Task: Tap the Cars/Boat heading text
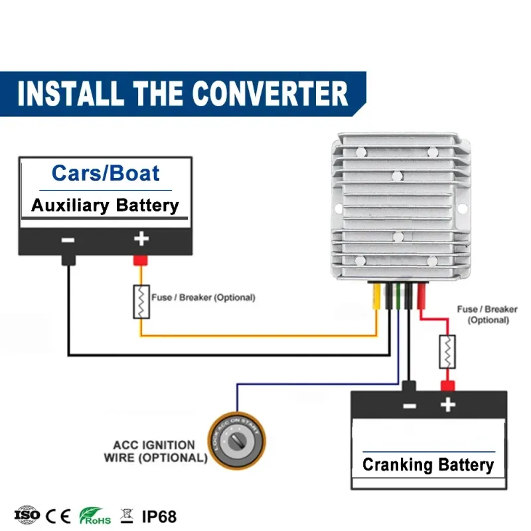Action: [106, 173]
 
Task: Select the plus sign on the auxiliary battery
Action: [141, 239]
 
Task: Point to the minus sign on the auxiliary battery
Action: [68, 240]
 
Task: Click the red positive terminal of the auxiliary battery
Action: [140, 260]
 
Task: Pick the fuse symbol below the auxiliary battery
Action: [141, 302]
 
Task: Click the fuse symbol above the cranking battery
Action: [447, 352]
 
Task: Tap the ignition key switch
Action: [237, 440]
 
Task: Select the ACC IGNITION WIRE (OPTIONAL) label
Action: [155, 451]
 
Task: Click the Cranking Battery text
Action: [428, 465]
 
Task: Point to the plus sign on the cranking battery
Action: [447, 405]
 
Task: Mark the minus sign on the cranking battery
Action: [410, 406]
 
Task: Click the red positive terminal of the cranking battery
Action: [447, 386]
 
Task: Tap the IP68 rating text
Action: [159, 517]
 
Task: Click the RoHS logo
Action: [95, 516]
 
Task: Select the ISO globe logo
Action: [27, 515]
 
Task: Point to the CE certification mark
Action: [58, 516]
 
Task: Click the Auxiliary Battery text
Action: [105, 206]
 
